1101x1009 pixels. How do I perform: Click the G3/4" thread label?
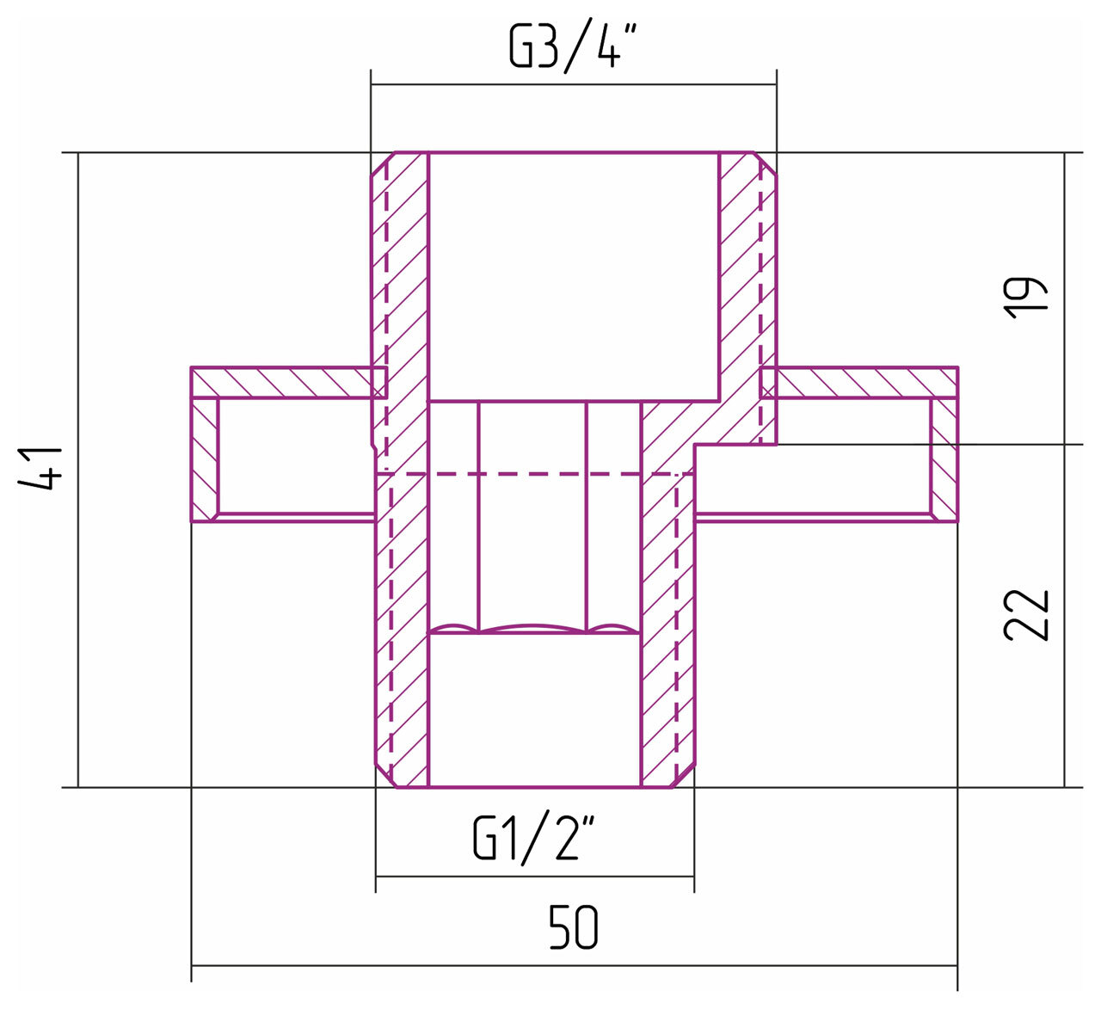tap(573, 48)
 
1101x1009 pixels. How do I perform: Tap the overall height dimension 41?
tap(41, 469)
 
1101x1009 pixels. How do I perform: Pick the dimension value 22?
tap(1025, 615)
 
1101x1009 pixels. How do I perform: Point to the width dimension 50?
tap(573, 928)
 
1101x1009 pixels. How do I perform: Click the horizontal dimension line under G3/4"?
tap(574, 84)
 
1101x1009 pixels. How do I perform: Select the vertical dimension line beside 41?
tap(78, 470)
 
